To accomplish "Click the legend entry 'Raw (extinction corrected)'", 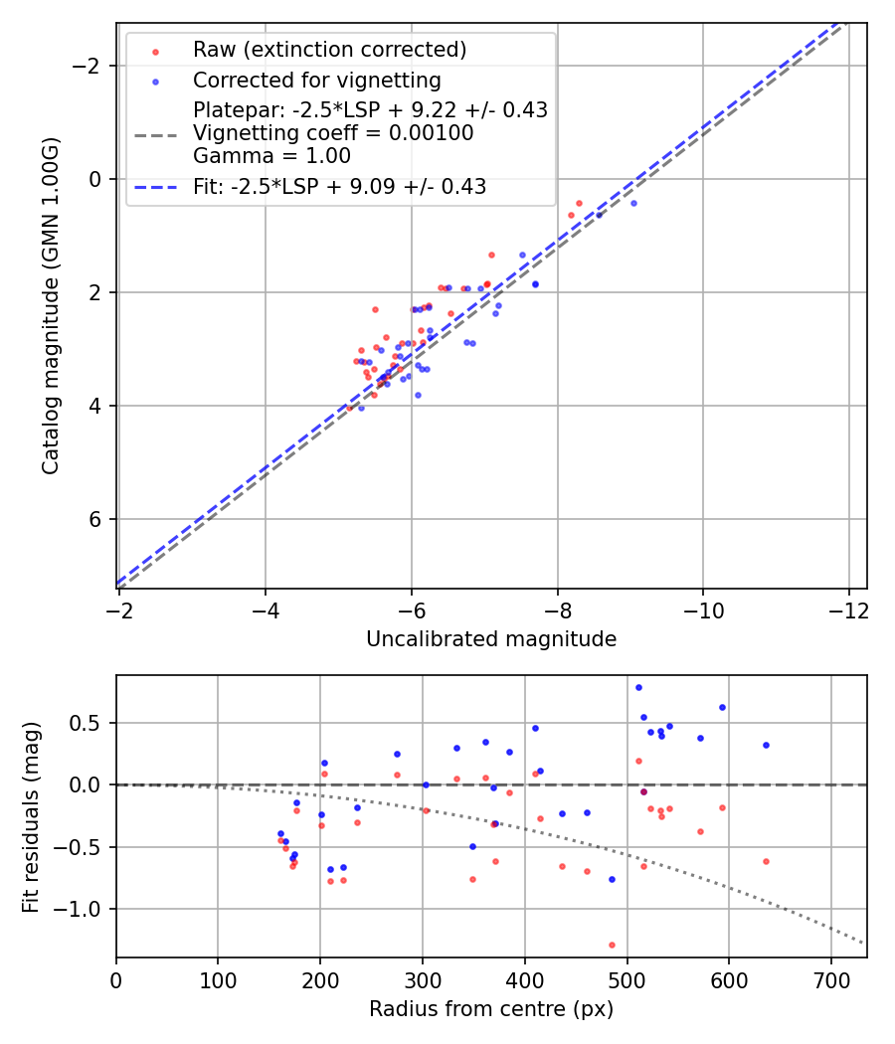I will pyautogui.click(x=329, y=50).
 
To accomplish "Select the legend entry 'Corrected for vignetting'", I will pyautogui.click(x=316, y=80).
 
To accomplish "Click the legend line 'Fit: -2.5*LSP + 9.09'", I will pyautogui.click(x=338, y=186).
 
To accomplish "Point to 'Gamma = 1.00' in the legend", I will pyautogui.click(x=271, y=155).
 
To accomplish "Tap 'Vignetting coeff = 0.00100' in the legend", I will pyautogui.click(x=333, y=133).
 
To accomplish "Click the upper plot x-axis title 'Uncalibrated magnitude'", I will pyautogui.click(x=491, y=639).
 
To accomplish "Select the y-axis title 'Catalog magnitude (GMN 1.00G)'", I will pyautogui.click(x=51, y=306).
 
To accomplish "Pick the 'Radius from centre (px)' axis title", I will pyautogui.click(x=491, y=1010).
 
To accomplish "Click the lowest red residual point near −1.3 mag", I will pyautogui.click(x=612, y=945).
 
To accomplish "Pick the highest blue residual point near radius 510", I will pyautogui.click(x=638, y=687).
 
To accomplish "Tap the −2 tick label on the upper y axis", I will pyautogui.click(x=91, y=66).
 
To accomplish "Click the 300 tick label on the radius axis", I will pyautogui.click(x=423, y=979).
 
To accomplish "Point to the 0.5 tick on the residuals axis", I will pyautogui.click(x=90, y=723).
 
